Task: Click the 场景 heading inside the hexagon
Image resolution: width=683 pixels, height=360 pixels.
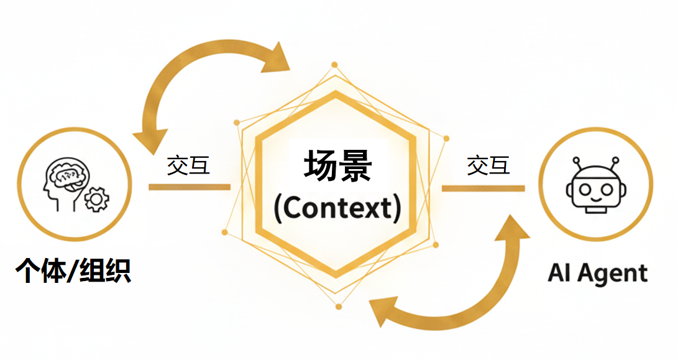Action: pyautogui.click(x=337, y=166)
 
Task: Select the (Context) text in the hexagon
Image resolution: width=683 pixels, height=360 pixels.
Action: pyautogui.click(x=337, y=208)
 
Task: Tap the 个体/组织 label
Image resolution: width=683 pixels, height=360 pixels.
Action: pyautogui.click(x=73, y=270)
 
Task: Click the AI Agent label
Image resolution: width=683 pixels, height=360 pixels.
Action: pyautogui.click(x=598, y=273)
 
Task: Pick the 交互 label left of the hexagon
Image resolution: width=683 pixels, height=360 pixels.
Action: pyautogui.click(x=188, y=165)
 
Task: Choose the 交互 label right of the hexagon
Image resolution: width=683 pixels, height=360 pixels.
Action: pyautogui.click(x=488, y=165)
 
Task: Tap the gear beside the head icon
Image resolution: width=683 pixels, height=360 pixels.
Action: pyautogui.click(x=96, y=199)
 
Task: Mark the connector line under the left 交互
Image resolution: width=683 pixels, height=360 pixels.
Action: pyautogui.click(x=189, y=187)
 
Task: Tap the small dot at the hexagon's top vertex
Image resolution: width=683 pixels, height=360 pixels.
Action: pyautogui.click(x=334, y=65)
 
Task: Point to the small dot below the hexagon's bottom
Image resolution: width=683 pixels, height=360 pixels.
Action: pyautogui.click(x=339, y=307)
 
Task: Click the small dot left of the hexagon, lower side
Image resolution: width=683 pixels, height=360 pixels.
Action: pyautogui.click(x=224, y=232)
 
